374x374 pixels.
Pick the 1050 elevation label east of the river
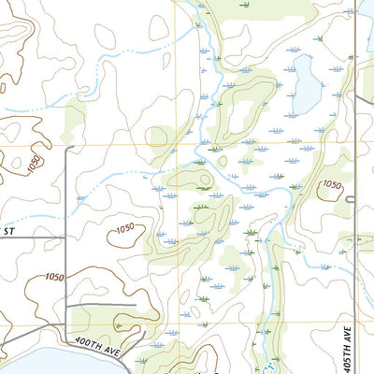(x=331, y=185)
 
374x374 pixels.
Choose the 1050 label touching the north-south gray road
(x=54, y=277)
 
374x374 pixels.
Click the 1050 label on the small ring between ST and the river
(x=132, y=229)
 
